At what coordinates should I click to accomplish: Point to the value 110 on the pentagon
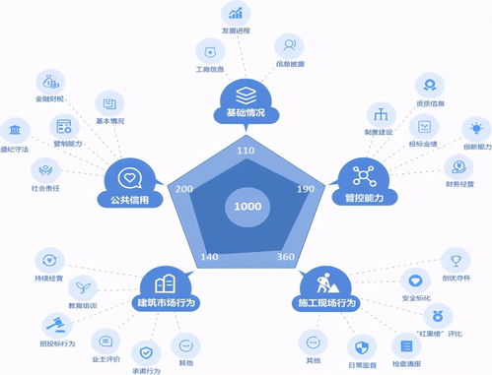(x=246, y=151)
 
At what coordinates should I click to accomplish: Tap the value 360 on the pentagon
(x=286, y=257)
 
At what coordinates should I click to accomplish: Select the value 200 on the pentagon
(x=183, y=188)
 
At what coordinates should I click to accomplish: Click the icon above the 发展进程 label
(x=236, y=13)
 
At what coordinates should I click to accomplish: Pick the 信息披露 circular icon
(x=287, y=44)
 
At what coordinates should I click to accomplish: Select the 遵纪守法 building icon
(x=15, y=130)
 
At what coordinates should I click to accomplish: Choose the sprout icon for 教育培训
(x=86, y=286)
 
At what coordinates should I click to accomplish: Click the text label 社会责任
(x=39, y=185)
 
